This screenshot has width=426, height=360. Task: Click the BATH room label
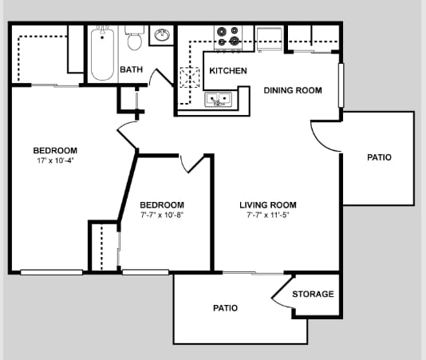point(131,69)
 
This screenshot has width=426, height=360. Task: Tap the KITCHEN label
point(228,71)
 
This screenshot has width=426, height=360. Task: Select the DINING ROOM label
point(293,90)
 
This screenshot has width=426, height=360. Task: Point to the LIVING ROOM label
point(268,204)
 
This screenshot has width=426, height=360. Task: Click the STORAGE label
point(313,294)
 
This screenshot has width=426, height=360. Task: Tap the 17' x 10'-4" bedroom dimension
point(55,160)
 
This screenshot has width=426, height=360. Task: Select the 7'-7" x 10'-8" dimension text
point(162,215)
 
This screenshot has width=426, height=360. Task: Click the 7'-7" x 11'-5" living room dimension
point(268,215)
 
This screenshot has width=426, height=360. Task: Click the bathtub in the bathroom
point(102,54)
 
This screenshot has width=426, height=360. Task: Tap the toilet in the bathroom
point(135,38)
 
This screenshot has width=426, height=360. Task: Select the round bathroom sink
point(162,35)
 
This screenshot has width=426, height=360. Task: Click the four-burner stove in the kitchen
point(228,38)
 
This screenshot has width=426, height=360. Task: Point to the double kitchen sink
point(218,99)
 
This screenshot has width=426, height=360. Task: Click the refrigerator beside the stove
point(269,39)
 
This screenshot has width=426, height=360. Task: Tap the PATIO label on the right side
point(379,157)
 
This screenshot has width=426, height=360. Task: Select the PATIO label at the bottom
point(225,308)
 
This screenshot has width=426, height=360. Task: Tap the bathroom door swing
point(162,77)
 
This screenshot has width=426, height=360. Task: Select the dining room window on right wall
point(341,85)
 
